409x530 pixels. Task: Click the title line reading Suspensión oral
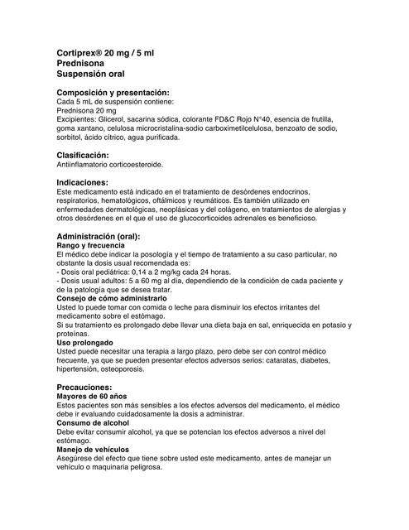[89, 74]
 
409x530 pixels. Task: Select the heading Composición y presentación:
[112, 92]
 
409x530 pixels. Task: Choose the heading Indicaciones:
[82, 181]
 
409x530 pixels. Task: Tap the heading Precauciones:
[84, 388]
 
